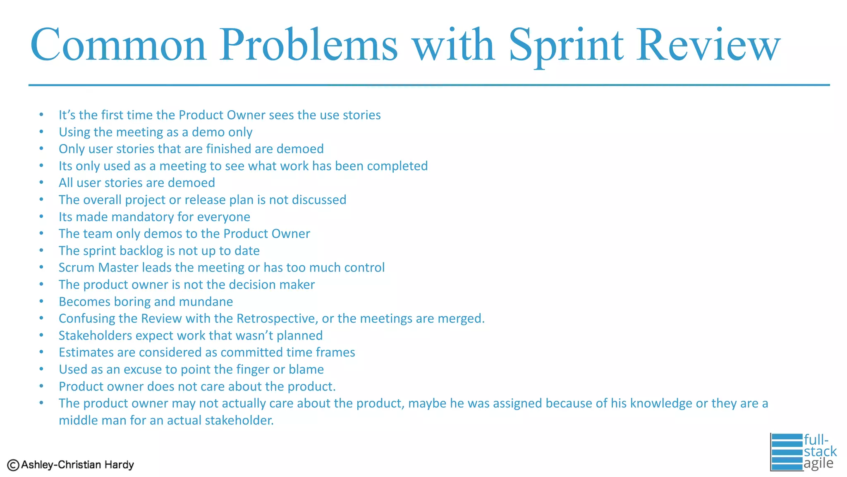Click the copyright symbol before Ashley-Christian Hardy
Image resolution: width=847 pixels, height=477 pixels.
(x=13, y=465)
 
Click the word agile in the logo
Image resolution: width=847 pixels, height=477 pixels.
(x=818, y=463)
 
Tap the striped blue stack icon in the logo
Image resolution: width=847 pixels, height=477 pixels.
(x=787, y=452)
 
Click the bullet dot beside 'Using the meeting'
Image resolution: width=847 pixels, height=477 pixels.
(x=41, y=132)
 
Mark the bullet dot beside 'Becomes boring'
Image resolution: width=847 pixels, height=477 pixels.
(x=41, y=301)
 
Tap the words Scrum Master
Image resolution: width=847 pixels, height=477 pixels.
(x=98, y=267)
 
